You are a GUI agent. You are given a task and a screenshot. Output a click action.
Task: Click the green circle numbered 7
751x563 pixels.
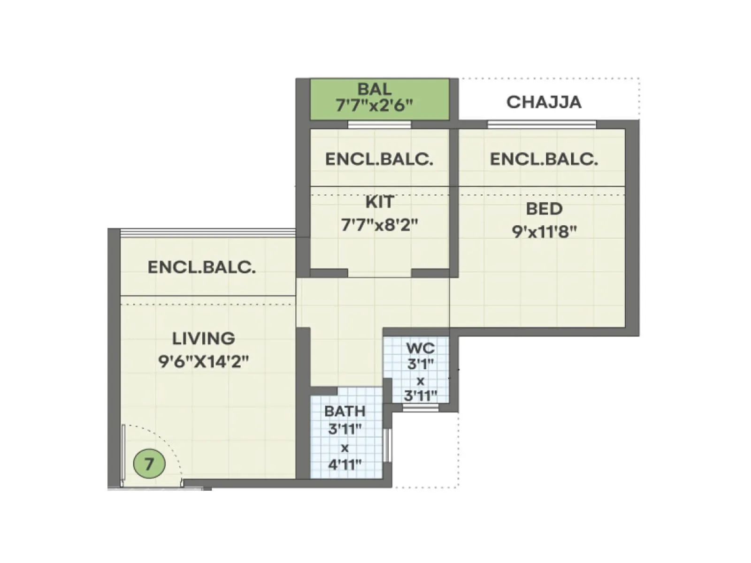(x=149, y=464)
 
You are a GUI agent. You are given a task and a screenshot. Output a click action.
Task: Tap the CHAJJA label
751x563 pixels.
(x=544, y=102)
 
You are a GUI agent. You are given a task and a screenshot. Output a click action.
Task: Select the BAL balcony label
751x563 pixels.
(x=374, y=89)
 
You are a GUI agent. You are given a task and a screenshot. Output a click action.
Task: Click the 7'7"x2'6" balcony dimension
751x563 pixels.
(x=374, y=105)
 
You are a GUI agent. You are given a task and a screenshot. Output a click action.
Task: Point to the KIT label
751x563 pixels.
(x=379, y=202)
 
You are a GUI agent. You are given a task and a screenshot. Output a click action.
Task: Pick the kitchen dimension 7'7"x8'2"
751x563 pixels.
(x=379, y=225)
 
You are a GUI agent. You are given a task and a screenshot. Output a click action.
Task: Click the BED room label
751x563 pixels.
(x=544, y=209)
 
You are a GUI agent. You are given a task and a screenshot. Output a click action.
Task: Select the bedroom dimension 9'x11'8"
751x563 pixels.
(x=544, y=231)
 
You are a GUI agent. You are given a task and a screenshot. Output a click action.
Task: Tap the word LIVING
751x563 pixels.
(x=203, y=338)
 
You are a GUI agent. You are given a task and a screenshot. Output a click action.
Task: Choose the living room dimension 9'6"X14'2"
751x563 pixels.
(x=203, y=361)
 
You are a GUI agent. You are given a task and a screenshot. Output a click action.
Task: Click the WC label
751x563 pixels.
(x=420, y=348)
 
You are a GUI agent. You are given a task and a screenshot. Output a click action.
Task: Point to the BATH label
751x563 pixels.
(x=345, y=411)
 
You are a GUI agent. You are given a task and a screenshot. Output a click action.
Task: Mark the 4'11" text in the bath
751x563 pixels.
(x=345, y=464)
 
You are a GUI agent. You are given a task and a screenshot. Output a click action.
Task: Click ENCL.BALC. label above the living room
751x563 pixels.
(x=202, y=267)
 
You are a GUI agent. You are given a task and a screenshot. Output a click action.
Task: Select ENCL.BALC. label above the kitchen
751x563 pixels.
(x=379, y=160)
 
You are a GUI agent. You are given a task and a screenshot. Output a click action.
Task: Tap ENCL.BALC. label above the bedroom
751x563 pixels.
(x=544, y=160)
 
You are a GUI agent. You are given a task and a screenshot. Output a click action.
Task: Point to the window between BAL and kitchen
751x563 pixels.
(x=379, y=124)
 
